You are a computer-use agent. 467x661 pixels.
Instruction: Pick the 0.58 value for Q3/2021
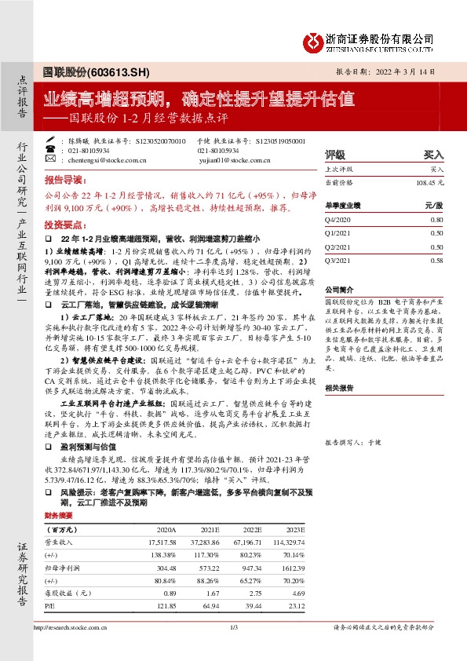(x=437, y=259)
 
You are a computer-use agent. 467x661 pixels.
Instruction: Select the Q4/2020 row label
(x=336, y=221)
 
